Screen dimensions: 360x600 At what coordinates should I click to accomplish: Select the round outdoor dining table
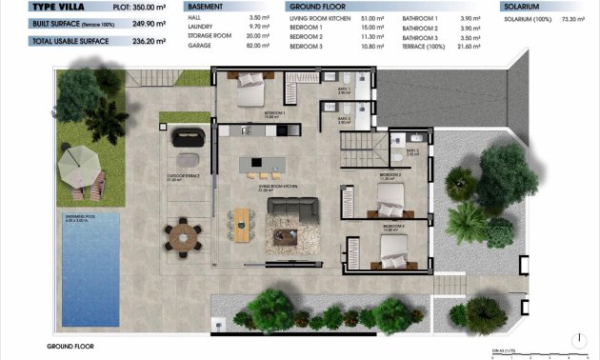[182, 233]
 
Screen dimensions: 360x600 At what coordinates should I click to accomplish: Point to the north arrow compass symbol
[579, 338]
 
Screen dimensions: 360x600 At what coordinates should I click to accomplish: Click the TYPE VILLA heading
[33, 6]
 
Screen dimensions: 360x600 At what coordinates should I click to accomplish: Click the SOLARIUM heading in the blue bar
[522, 6]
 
